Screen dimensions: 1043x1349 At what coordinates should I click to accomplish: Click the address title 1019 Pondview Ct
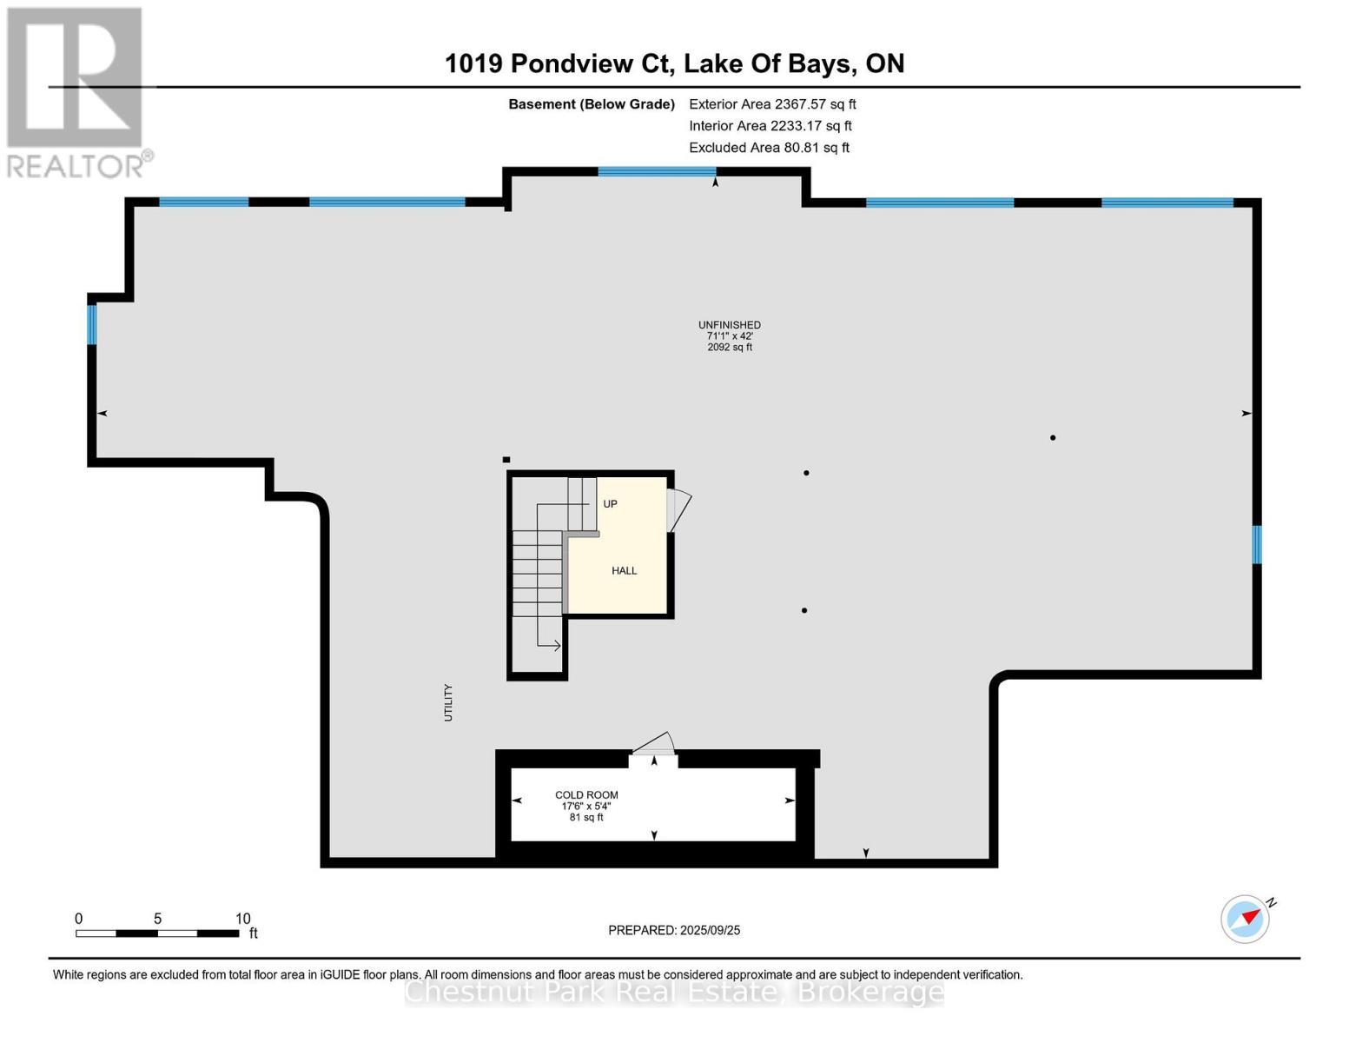[x=674, y=63]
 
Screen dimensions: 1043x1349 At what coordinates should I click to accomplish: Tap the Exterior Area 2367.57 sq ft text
[x=772, y=104]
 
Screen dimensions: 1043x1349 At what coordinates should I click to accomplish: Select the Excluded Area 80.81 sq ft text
[x=769, y=148]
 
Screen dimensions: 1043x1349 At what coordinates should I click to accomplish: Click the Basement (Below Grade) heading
[x=591, y=104]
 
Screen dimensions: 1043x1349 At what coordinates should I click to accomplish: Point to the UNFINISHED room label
[x=730, y=325]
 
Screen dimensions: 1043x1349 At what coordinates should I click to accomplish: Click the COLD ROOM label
[x=586, y=794]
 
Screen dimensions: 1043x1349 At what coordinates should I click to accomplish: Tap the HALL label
[x=624, y=571]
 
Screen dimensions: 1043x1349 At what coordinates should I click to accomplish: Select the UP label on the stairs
[x=610, y=504]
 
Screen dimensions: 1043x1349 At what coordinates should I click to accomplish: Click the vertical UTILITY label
[x=448, y=702]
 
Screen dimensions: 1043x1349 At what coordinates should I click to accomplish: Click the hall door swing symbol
[x=678, y=509]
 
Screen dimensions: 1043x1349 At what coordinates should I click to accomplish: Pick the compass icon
[x=1246, y=918]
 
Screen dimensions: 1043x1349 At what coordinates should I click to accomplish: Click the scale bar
[x=157, y=933]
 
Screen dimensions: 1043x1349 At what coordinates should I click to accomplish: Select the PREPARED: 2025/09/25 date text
[x=674, y=930]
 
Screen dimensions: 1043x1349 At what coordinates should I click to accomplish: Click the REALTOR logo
[x=76, y=91]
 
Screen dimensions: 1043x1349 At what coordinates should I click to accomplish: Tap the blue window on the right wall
[x=1256, y=545]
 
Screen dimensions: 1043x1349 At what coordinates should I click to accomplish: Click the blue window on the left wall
[x=91, y=324]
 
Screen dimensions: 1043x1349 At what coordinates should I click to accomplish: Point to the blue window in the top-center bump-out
[x=657, y=171]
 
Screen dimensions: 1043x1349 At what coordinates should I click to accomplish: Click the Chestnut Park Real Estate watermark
[x=674, y=992]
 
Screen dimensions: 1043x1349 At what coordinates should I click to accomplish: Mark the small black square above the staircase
[x=506, y=460]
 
